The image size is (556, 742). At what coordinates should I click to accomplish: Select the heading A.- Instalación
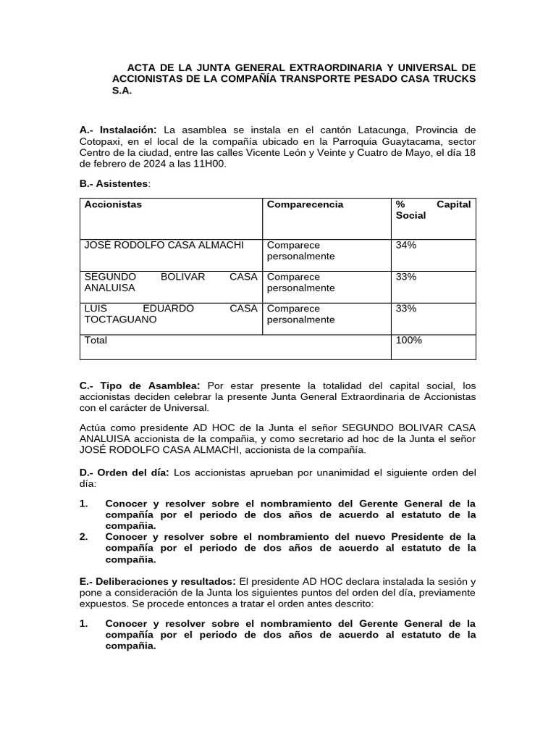(118, 130)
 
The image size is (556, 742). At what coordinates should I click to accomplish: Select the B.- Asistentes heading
(114, 184)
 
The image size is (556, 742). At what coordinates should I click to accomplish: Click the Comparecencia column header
(305, 204)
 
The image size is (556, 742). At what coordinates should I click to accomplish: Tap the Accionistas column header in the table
(113, 204)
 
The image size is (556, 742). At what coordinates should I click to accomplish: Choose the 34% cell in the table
(406, 245)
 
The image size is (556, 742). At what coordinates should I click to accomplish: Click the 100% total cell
(409, 340)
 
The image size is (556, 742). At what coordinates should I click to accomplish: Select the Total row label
(96, 340)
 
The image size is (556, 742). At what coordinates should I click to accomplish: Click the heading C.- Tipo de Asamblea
(140, 385)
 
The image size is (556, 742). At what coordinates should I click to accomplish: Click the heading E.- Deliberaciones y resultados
(157, 581)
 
